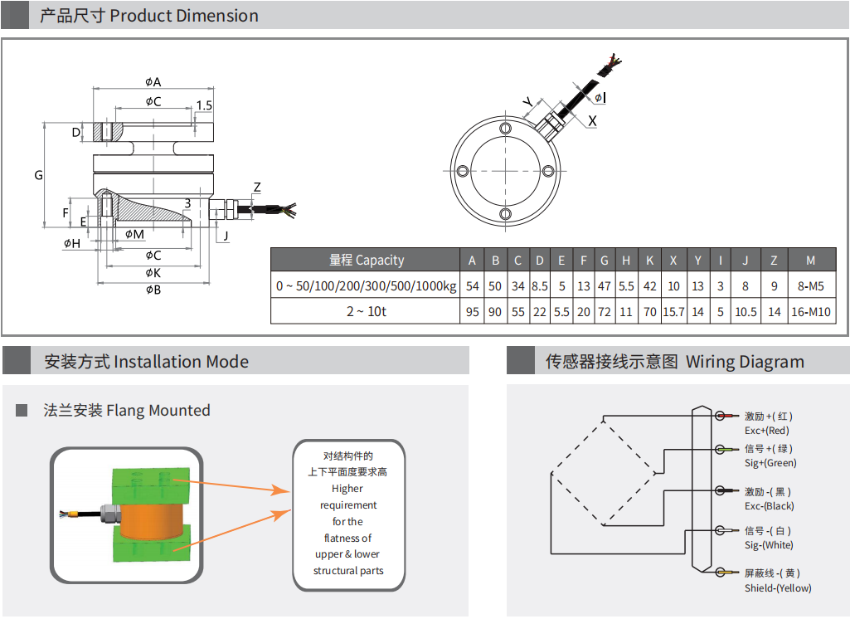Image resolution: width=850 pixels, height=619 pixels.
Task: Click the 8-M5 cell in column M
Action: point(810,286)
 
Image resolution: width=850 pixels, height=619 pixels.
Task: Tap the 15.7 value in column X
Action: point(673,312)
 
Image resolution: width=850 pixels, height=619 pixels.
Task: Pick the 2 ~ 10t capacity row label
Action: point(365,312)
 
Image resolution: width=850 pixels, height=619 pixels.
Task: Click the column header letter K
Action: point(649,261)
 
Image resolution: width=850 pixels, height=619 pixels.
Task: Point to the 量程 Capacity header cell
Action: point(366,261)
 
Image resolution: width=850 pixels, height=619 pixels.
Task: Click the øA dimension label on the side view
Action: point(153,81)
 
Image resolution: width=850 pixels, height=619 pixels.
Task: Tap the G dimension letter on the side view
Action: point(38,175)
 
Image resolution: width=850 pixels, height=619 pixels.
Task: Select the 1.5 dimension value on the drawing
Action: point(204,105)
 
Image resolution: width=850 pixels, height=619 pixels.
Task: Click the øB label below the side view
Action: point(153,290)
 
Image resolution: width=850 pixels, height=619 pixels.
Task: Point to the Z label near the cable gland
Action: point(257,188)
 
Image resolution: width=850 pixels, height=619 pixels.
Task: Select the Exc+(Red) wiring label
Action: point(766,431)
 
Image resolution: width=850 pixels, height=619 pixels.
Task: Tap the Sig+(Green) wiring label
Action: point(770,463)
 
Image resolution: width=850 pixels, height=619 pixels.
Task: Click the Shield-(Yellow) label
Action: point(777,588)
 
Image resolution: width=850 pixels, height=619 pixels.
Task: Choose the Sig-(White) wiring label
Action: point(768,545)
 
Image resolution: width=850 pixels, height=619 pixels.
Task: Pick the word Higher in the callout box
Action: point(347,489)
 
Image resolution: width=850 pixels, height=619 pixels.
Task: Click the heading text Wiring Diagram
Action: point(745,362)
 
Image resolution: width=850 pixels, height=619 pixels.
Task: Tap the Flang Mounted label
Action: point(158,410)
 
